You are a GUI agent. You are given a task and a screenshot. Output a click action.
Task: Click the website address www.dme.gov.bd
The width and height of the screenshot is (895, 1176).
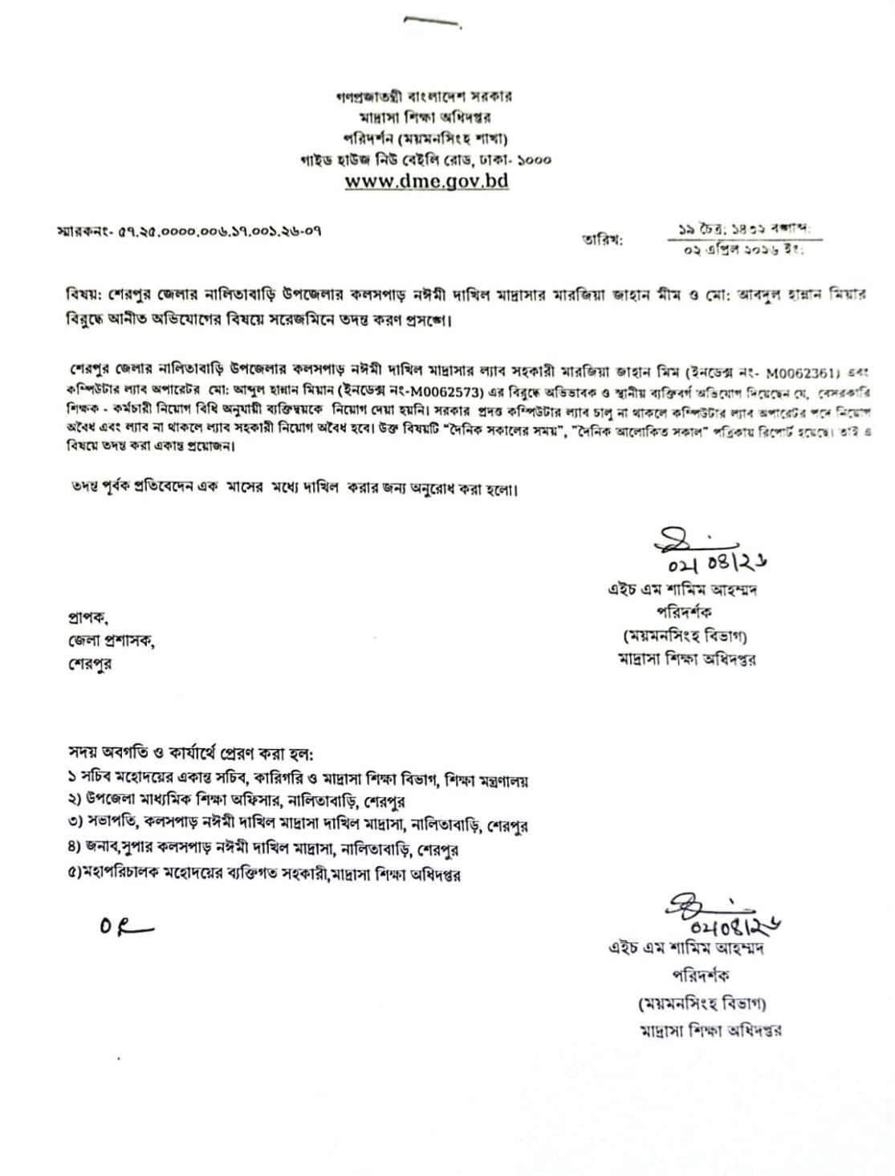click(426, 181)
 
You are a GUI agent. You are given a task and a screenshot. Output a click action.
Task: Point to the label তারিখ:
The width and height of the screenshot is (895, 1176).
click(602, 239)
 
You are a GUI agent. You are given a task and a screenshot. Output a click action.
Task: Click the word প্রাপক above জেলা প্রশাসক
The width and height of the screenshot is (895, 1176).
click(88, 617)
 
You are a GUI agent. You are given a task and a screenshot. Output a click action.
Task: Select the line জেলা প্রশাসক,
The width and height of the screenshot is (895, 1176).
click(111, 641)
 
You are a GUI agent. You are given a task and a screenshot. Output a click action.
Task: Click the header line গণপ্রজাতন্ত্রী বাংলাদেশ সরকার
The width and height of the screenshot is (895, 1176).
click(425, 96)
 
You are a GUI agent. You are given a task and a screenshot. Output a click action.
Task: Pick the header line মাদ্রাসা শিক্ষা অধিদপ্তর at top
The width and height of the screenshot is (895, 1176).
click(425, 117)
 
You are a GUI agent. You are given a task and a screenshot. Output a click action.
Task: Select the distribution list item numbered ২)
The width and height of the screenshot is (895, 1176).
click(236, 801)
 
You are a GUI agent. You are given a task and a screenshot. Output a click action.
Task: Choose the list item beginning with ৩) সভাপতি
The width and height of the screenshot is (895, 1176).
click(298, 824)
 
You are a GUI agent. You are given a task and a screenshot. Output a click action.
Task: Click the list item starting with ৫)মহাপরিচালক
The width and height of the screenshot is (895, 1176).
click(264, 873)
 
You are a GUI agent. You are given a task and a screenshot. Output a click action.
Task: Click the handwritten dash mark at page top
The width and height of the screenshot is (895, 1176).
click(432, 23)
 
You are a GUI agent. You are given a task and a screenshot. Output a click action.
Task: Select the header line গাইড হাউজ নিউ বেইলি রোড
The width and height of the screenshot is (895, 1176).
click(425, 160)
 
